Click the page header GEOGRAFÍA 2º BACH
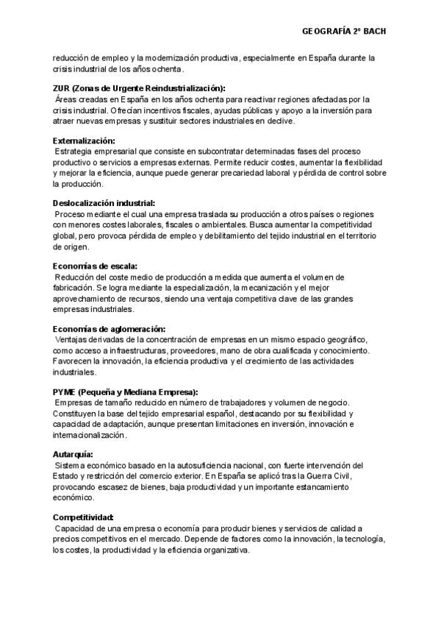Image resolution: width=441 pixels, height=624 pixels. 343,31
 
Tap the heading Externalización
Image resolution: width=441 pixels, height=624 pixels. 84,140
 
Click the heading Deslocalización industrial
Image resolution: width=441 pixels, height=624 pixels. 104,202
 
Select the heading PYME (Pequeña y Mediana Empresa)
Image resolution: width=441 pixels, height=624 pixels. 126,391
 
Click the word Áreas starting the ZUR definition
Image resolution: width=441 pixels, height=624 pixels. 68,99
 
